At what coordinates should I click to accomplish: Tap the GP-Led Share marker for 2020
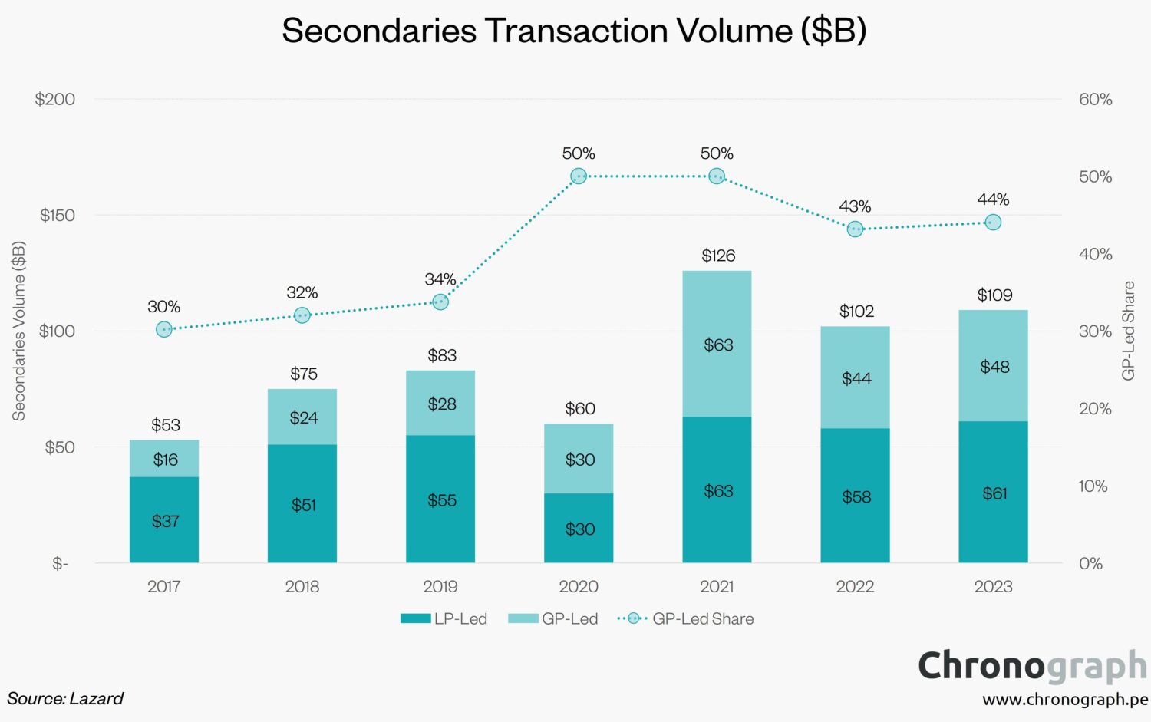click(x=579, y=176)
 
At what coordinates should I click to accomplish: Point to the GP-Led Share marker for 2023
click(x=993, y=223)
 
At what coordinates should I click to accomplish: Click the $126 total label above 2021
click(x=718, y=256)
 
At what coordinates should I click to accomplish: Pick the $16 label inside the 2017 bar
click(x=165, y=460)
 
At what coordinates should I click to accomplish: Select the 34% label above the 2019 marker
click(x=440, y=279)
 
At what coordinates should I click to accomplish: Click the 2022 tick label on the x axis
click(x=855, y=587)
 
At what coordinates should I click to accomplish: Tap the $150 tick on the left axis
click(x=58, y=216)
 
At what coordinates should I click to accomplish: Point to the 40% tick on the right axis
click(x=1095, y=254)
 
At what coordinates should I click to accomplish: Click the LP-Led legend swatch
click(x=415, y=618)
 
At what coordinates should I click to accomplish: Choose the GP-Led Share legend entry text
click(x=703, y=619)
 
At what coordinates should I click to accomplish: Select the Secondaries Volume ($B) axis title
click(x=19, y=331)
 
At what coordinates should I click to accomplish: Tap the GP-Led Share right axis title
click(x=1128, y=331)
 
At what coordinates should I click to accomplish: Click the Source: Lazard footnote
click(x=65, y=699)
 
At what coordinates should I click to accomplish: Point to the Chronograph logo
click(x=1032, y=666)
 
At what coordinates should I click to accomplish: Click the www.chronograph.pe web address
click(x=1064, y=700)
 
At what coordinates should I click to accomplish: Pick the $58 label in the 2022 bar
click(x=856, y=497)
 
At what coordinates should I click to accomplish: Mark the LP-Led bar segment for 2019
click(x=440, y=529)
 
